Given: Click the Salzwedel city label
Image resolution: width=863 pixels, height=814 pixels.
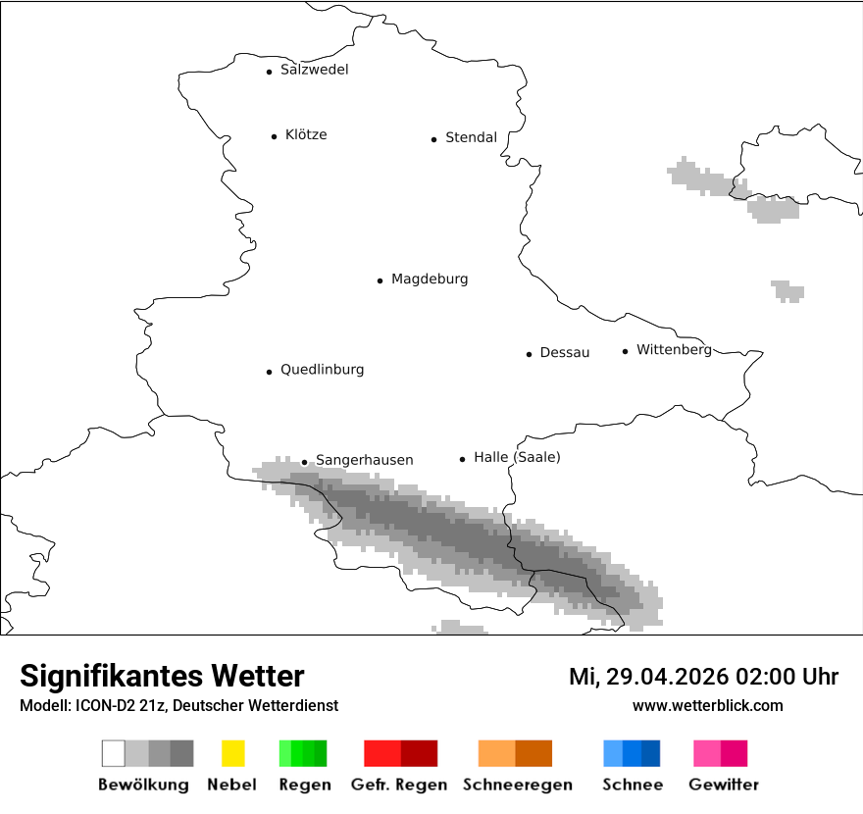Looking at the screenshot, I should (314, 70).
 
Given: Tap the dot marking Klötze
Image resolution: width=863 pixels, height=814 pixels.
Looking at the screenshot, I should (274, 136).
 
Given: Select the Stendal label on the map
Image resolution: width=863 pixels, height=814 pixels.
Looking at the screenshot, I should (471, 138).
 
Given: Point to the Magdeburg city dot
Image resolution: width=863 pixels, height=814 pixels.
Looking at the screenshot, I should (380, 280).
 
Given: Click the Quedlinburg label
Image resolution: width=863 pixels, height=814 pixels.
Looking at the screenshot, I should (322, 370).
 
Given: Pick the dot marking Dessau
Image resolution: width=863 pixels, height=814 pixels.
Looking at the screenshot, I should (529, 354).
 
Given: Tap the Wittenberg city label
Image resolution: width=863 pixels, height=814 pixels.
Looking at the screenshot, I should (674, 350).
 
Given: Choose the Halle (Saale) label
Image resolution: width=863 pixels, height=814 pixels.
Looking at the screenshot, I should (517, 457).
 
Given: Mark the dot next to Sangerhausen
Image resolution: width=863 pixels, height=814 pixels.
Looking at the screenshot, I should (304, 462).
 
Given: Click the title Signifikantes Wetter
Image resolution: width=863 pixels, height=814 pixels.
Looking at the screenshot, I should (162, 677).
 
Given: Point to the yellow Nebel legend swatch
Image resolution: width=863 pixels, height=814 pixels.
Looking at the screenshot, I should (232, 753).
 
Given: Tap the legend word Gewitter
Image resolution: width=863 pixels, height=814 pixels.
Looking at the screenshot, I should (723, 785).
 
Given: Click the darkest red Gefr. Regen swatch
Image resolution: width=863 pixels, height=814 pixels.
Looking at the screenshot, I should (419, 753).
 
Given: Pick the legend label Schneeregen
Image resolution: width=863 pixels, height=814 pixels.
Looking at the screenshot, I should (517, 785).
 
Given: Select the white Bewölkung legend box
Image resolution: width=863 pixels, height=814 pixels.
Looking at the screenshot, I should (114, 753).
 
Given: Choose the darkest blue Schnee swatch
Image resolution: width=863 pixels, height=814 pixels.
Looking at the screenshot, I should (651, 753).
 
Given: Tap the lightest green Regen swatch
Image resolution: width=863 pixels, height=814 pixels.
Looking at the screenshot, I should (285, 753).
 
